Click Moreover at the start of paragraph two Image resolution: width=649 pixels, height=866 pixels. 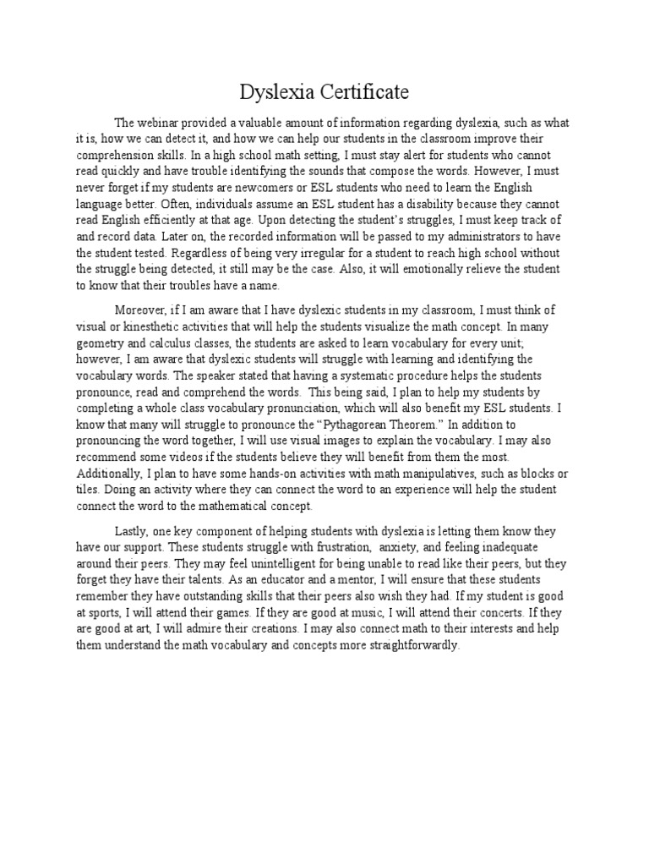coord(141,310)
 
